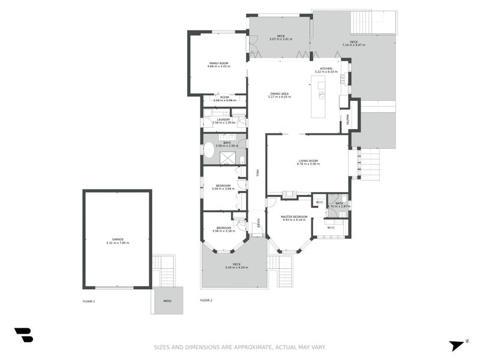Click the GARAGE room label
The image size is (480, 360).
click(x=117, y=239)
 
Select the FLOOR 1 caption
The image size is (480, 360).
click(x=89, y=301)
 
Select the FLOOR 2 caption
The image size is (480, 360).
click(x=206, y=300)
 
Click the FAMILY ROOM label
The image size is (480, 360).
click(x=218, y=63)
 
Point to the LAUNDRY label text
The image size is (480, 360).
click(x=223, y=119)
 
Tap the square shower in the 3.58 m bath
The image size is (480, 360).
click(x=228, y=157)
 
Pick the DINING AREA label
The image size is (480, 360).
click(x=280, y=94)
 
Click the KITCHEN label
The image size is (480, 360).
click(x=326, y=69)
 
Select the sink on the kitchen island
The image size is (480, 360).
click(x=322, y=95)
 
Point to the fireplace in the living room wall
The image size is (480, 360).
click(x=289, y=194)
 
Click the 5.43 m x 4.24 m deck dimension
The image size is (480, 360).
click(x=236, y=268)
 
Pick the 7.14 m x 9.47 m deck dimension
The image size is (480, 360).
click(x=353, y=45)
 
